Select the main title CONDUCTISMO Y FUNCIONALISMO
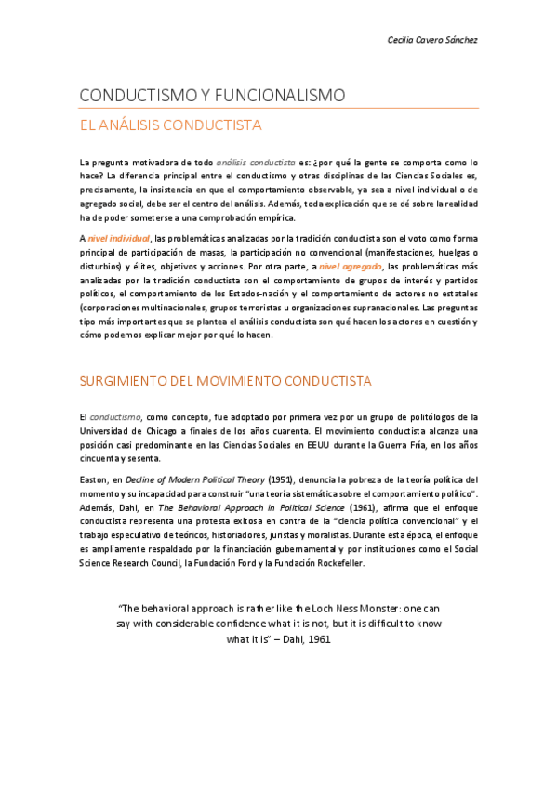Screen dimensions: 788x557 pos(212,96)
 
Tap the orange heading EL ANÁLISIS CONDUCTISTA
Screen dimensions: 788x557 pos(170,125)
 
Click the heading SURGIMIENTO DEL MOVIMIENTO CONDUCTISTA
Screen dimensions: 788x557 pos(225,381)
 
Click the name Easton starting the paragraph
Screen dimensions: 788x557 pos(95,479)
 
